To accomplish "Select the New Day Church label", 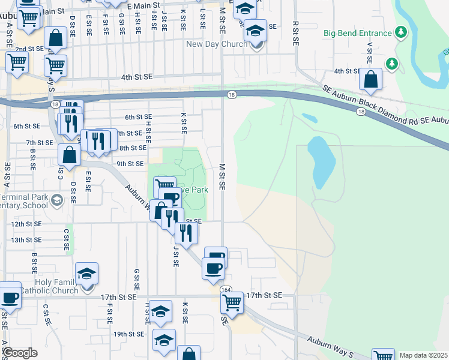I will coord(216,44).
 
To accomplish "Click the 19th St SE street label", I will coord(128,334).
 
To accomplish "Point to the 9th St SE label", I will coord(130,163).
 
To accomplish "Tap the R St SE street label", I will coord(295,35).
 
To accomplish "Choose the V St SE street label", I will coord(369,54).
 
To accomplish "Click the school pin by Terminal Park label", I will coord(57,200).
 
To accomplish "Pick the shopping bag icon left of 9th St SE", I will coord(70,154).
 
